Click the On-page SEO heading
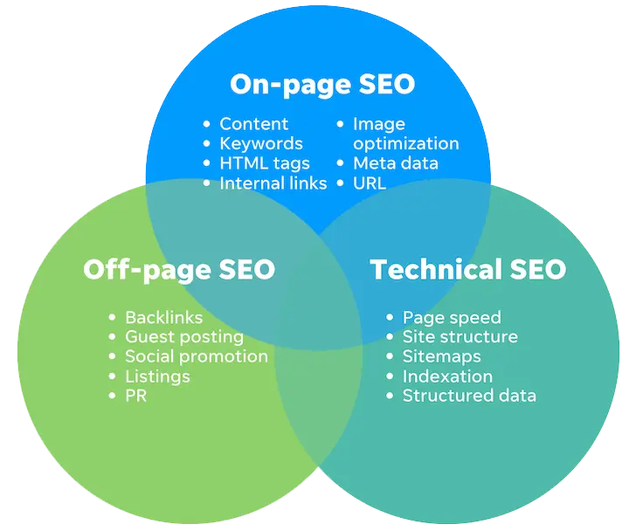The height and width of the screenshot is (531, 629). (322, 85)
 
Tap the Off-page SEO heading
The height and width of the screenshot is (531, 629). (179, 270)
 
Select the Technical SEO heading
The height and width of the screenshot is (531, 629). (467, 269)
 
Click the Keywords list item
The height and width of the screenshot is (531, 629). (261, 144)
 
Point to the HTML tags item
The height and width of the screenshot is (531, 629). (265, 163)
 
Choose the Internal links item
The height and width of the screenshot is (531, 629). (273, 183)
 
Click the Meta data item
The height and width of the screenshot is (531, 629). (396, 163)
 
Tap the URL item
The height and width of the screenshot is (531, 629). (370, 183)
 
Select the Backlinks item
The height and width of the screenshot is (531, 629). (164, 318)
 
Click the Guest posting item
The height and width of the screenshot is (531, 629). (184, 338)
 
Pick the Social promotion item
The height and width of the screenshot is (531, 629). (197, 357)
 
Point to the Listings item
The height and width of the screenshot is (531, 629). (157, 377)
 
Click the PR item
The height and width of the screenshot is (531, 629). (136, 396)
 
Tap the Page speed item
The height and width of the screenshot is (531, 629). (452, 318)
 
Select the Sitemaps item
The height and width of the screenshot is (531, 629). (442, 357)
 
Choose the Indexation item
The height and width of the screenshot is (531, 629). (447, 376)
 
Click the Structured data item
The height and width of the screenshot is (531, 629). (469, 396)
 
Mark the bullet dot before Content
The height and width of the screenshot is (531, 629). (206, 124)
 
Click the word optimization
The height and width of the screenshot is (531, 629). (406, 144)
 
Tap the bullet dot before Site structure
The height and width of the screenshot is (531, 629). (390, 337)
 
